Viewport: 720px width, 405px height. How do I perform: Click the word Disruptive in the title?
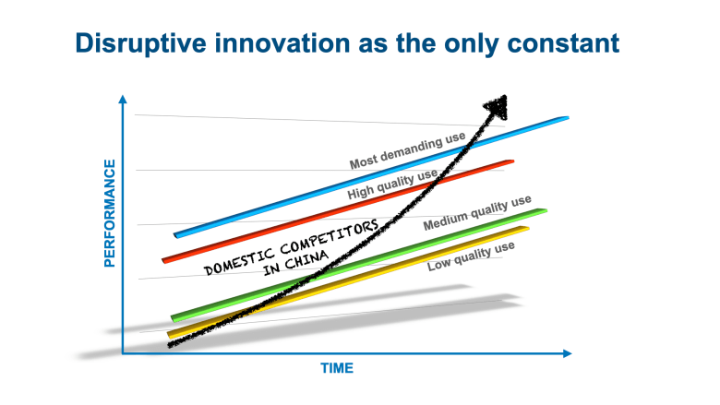pyautogui.click(x=141, y=44)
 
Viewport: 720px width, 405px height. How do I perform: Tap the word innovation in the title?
pyautogui.click(x=282, y=43)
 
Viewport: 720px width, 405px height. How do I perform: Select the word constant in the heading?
pyautogui.click(x=563, y=43)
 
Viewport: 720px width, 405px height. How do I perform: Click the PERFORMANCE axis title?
pyautogui.click(x=109, y=213)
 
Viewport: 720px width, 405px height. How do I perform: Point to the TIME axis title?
pyautogui.click(x=337, y=368)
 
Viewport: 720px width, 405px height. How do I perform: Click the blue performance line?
pyautogui.click(x=371, y=177)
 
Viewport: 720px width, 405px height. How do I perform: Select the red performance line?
pyautogui.click(x=338, y=211)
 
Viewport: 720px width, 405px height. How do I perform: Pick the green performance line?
pyautogui.click(x=359, y=266)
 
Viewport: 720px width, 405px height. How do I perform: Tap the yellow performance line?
pyautogui.click(x=348, y=282)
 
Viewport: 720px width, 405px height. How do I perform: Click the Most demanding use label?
pyautogui.click(x=408, y=150)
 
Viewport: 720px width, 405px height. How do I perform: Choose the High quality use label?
pyautogui.click(x=392, y=184)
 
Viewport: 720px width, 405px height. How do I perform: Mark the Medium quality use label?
pyautogui.click(x=477, y=212)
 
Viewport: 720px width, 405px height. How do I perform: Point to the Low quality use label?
pyautogui.click(x=471, y=256)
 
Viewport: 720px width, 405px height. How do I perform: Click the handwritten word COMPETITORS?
pyautogui.click(x=330, y=237)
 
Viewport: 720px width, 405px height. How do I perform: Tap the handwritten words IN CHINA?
pyautogui.click(x=296, y=263)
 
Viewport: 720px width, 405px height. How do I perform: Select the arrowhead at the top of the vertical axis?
pyautogui.click(x=123, y=100)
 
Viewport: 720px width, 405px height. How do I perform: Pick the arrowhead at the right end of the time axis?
pyautogui.click(x=567, y=353)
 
